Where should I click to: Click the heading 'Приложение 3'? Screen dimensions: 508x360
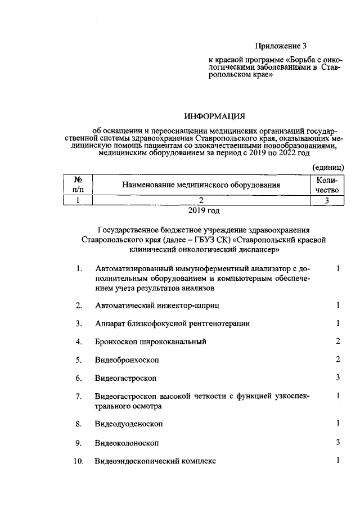(x=282, y=46)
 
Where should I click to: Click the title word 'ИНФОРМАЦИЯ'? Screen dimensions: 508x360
(x=215, y=117)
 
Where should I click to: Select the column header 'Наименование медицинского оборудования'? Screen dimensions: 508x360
(x=201, y=185)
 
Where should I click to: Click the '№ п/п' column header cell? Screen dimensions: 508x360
(x=77, y=185)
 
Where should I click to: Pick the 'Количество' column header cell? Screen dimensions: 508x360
(x=327, y=185)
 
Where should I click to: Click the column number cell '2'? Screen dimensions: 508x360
(x=201, y=200)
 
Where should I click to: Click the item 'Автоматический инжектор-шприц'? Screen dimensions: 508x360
(x=156, y=305)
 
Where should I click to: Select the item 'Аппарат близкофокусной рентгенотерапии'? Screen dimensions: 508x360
(x=173, y=323)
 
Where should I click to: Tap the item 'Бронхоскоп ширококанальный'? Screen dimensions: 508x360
(x=151, y=341)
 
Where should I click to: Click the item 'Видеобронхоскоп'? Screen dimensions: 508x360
(x=127, y=359)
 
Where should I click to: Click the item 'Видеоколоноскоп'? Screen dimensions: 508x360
(x=127, y=443)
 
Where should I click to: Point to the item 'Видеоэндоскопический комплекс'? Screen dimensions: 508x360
(x=155, y=461)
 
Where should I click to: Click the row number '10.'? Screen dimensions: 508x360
(x=78, y=462)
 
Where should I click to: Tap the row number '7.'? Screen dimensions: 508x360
(x=79, y=397)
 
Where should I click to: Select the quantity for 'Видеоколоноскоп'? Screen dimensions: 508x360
(x=338, y=442)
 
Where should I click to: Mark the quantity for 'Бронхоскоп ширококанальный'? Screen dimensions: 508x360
(x=338, y=341)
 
